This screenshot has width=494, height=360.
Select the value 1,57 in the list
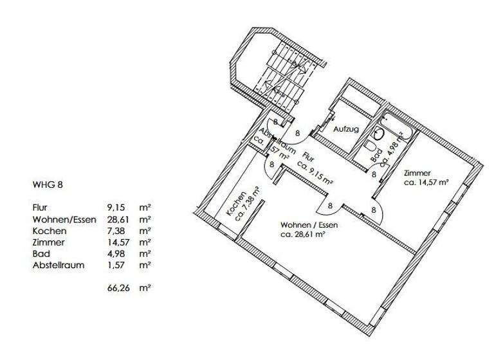116,264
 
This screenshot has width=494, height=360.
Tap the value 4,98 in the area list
116,253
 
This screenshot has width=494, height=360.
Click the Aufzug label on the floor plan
345,129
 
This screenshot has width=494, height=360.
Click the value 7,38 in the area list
116,230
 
